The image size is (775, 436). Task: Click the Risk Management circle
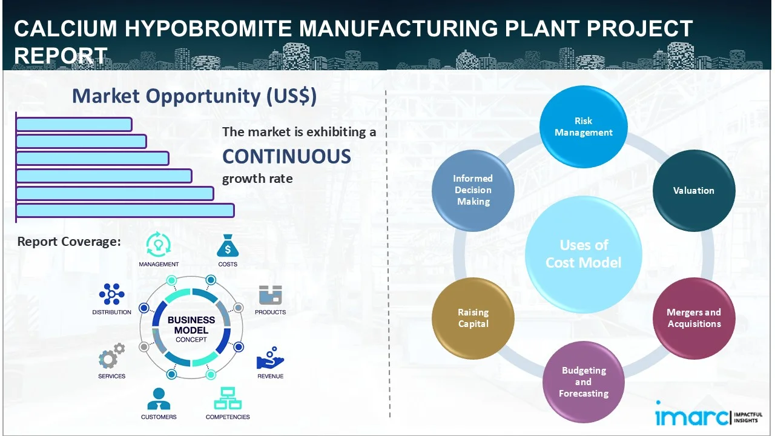tap(584, 127)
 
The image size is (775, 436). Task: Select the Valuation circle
tap(693, 190)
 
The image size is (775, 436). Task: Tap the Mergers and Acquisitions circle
tap(693, 318)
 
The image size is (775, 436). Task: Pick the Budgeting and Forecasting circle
tap(583, 381)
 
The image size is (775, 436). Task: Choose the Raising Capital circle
tap(473, 318)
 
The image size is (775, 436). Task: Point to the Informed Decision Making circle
tap(473, 190)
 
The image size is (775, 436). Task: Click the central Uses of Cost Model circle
tap(583, 254)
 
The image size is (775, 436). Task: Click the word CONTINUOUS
tap(286, 156)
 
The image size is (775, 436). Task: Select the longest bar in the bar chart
tap(125, 210)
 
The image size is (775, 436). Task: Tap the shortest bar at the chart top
tap(74, 124)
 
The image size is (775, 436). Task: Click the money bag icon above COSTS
tap(228, 246)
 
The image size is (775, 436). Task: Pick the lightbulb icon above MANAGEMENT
tap(158, 245)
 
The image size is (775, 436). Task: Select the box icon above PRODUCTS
tap(270, 296)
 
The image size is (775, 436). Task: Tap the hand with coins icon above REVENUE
tap(270, 358)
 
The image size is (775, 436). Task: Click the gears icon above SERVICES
tap(111, 357)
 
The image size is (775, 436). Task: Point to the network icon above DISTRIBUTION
tap(111, 294)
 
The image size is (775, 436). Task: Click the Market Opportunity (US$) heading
tap(194, 96)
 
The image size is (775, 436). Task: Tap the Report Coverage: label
tap(69, 242)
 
